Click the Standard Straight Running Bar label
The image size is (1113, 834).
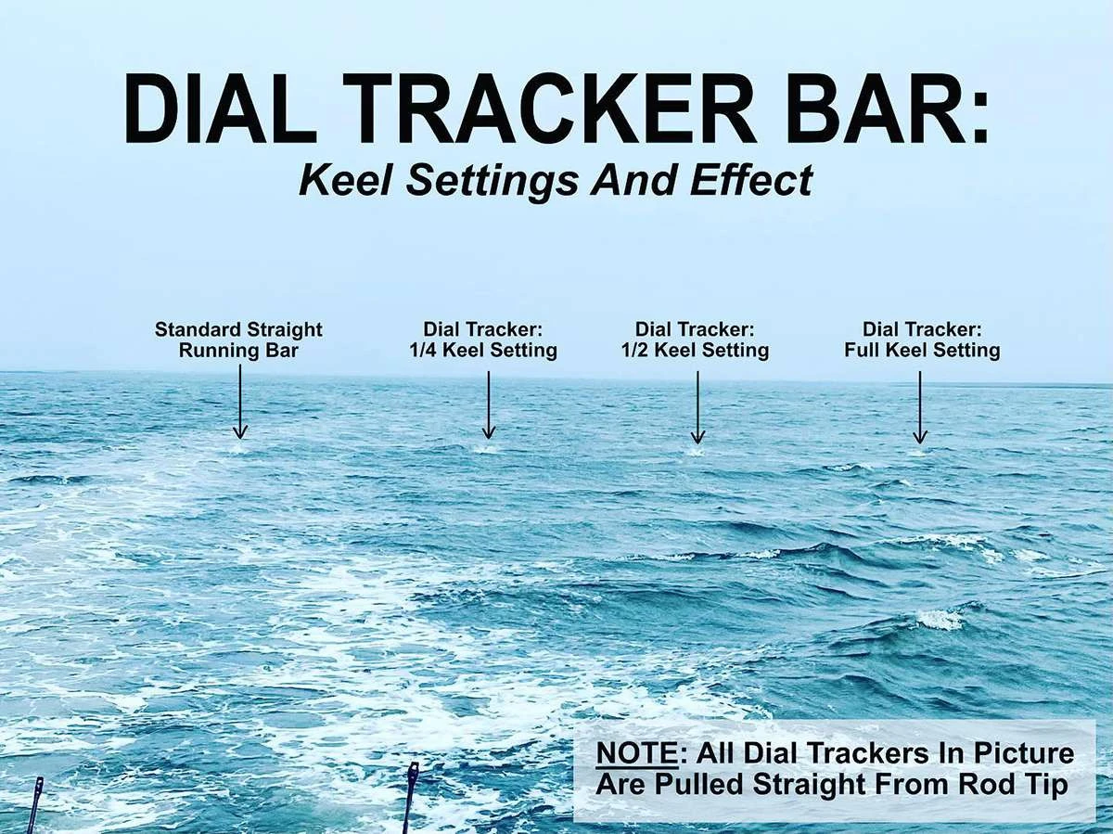point(238,340)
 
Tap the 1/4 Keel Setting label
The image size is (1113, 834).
point(483,351)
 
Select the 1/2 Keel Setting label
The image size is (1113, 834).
point(696,351)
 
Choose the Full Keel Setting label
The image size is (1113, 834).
point(922,351)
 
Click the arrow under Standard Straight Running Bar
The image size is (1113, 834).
point(240,402)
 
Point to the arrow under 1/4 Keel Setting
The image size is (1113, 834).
point(488,404)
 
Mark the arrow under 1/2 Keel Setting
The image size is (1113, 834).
point(697,406)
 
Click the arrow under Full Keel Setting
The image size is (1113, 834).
point(920,406)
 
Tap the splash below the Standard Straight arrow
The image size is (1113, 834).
point(239,449)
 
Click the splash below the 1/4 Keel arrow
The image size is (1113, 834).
point(487,449)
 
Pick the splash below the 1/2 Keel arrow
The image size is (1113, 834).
point(697,452)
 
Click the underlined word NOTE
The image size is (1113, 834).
point(637,753)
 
